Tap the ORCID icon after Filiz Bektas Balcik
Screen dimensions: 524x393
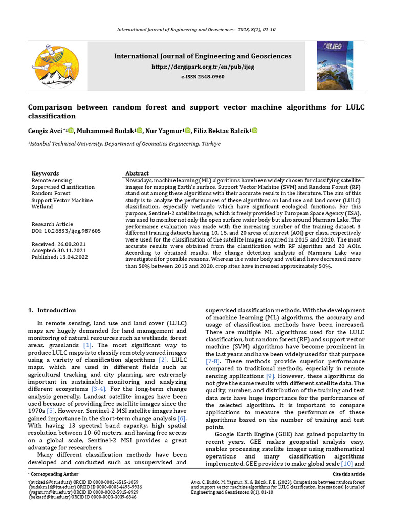point(254,131)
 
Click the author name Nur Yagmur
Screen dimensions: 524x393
point(164,131)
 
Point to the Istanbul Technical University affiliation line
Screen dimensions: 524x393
point(124,144)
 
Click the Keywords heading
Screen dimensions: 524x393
point(45,173)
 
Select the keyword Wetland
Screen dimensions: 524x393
point(42,207)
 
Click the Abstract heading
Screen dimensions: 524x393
point(137,173)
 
